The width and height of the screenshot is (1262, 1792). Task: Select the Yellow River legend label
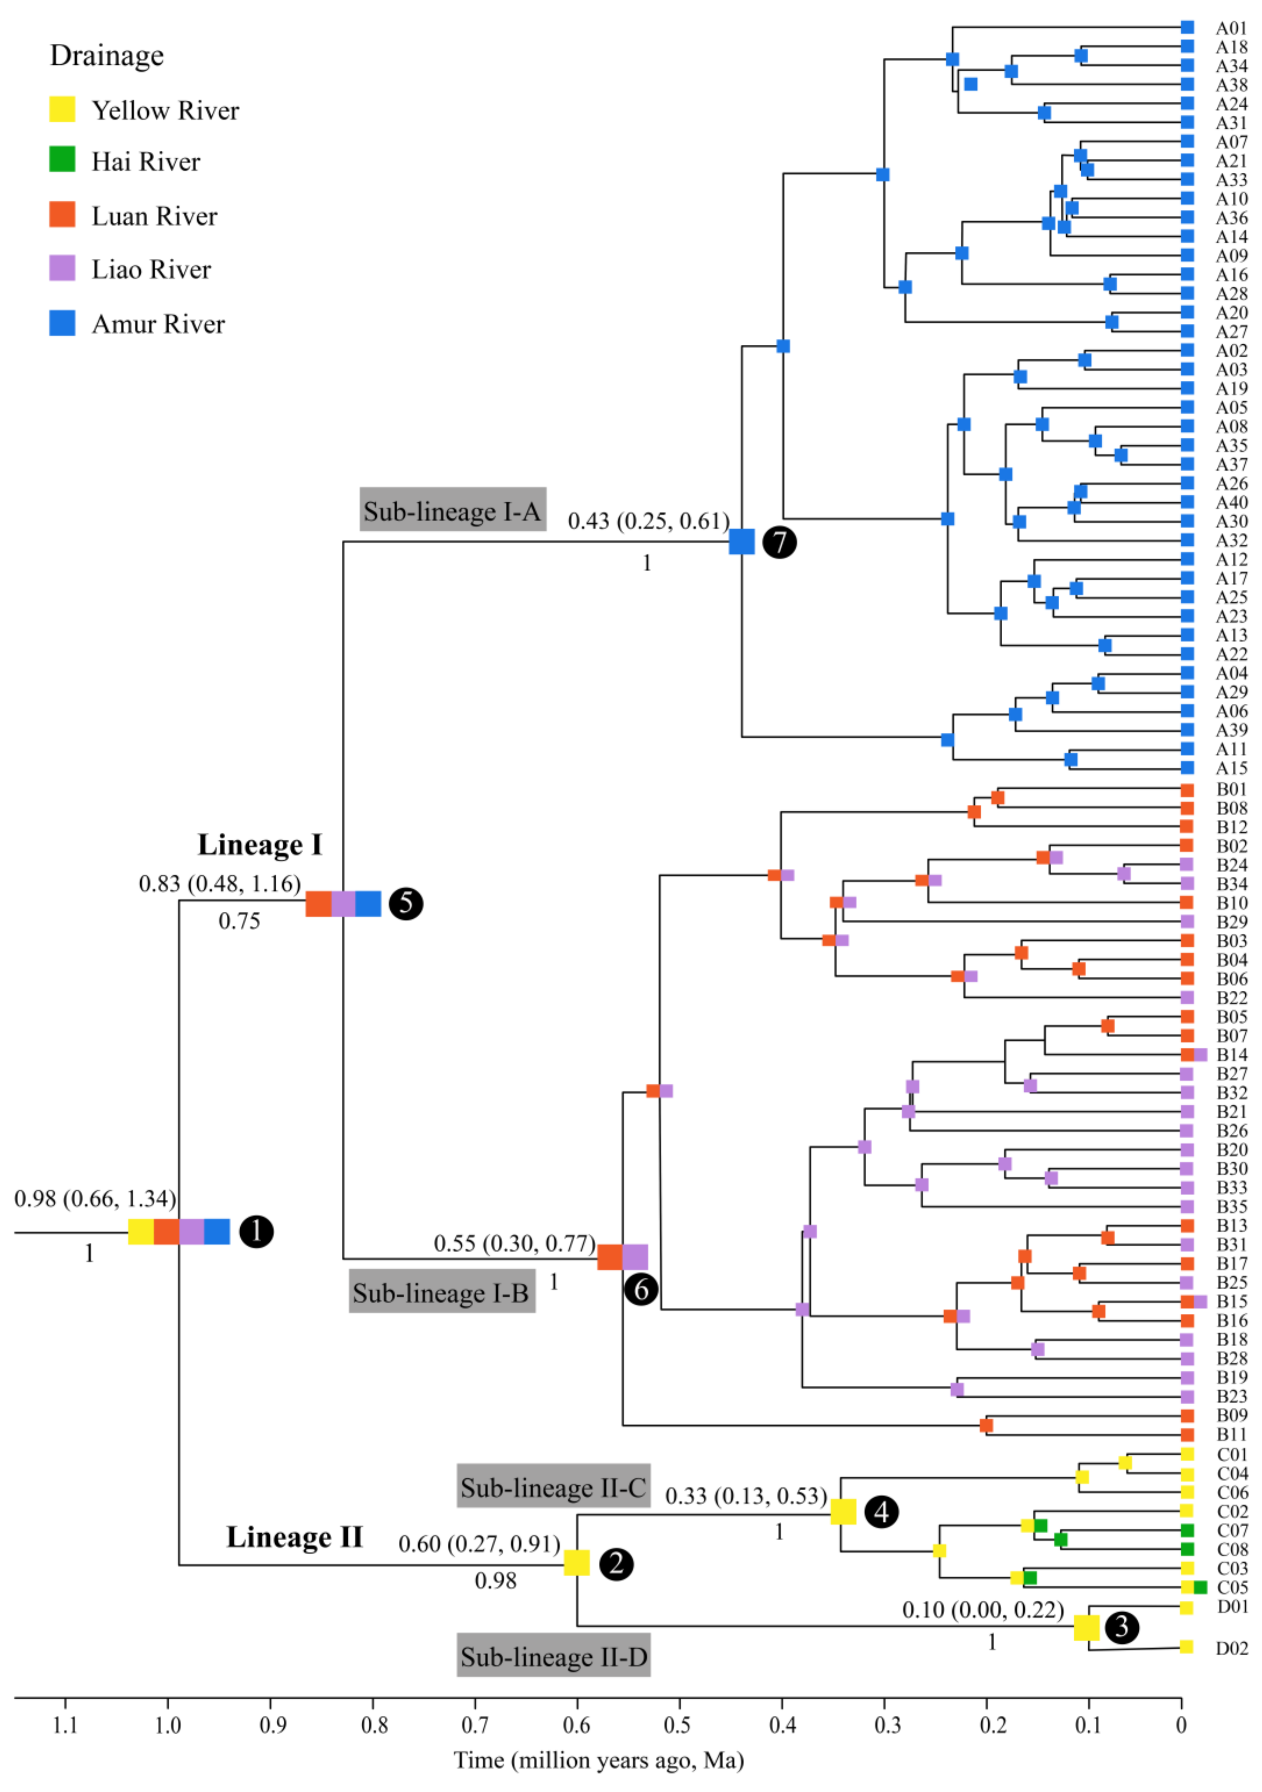[x=165, y=111]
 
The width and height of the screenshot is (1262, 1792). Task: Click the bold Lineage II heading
[x=295, y=1537]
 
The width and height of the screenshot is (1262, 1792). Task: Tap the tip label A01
[x=1231, y=28]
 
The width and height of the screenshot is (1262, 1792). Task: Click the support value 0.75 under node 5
[x=239, y=921]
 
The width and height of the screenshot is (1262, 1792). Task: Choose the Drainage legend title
[x=107, y=55]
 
